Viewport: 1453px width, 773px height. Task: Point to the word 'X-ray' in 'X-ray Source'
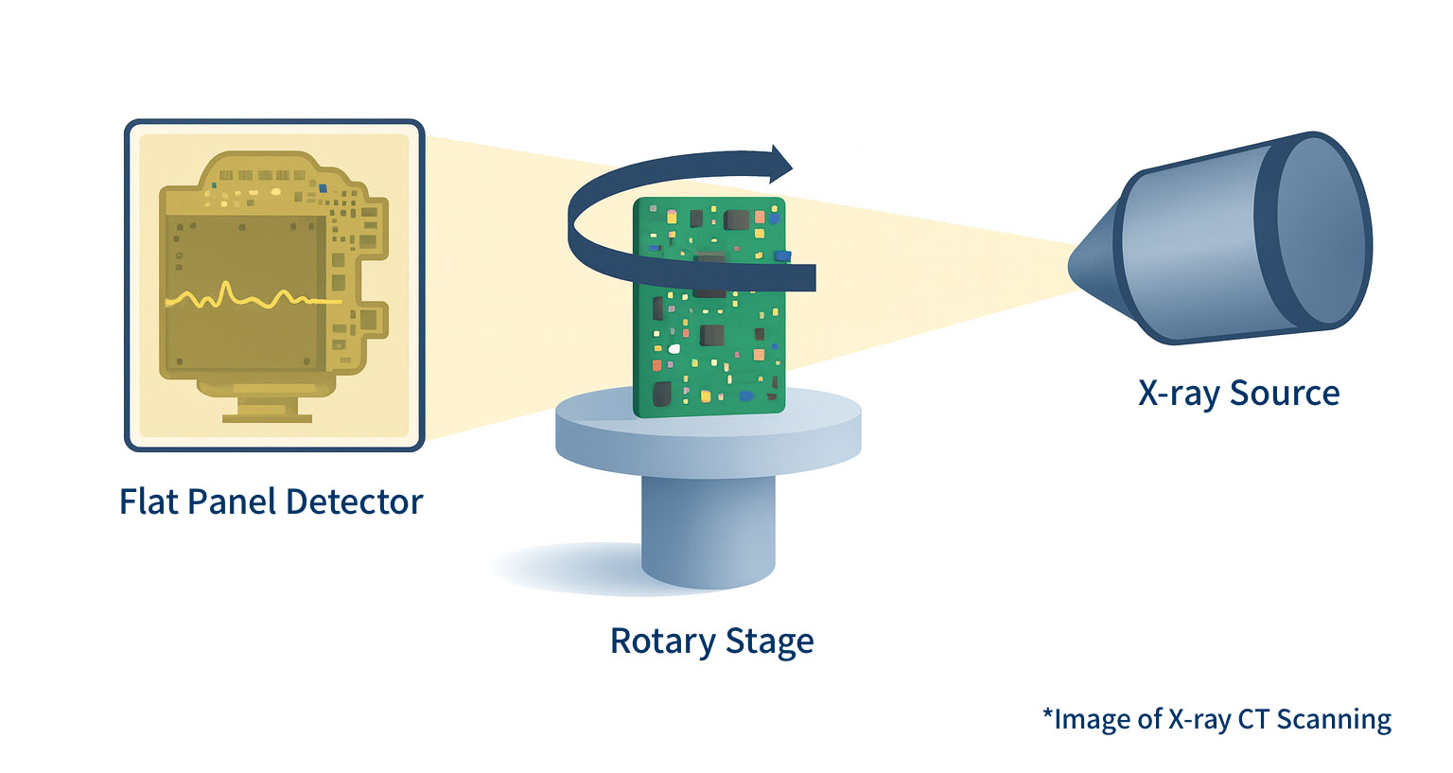tap(1179, 394)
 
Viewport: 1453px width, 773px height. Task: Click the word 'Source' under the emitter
tap(1285, 394)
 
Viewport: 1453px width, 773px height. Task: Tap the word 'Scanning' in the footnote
tap(1334, 719)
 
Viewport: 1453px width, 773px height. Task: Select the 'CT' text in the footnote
tap(1253, 719)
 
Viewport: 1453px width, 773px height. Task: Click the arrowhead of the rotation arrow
tap(780, 165)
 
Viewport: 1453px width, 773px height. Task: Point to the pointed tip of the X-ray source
tap(1075, 265)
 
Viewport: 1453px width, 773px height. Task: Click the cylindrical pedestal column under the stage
tap(708, 530)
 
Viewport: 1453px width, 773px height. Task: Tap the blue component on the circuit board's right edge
tap(781, 255)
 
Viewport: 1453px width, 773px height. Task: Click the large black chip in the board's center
tap(711, 335)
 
